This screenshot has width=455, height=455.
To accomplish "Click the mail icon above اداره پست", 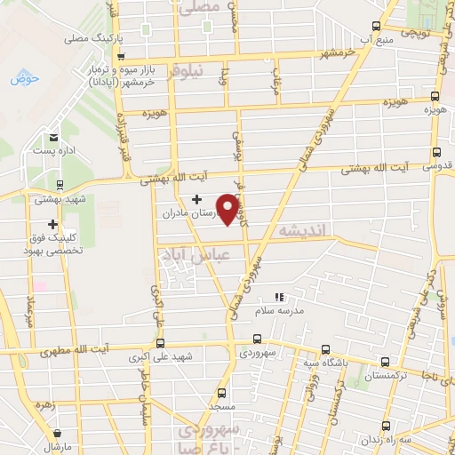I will [54, 137].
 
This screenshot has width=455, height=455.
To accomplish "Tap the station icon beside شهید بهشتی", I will [60, 186].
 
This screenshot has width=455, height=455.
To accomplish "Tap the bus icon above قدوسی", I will [435, 151].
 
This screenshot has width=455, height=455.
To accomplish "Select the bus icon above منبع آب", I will [376, 26].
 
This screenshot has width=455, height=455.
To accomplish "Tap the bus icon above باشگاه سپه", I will [324, 348].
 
